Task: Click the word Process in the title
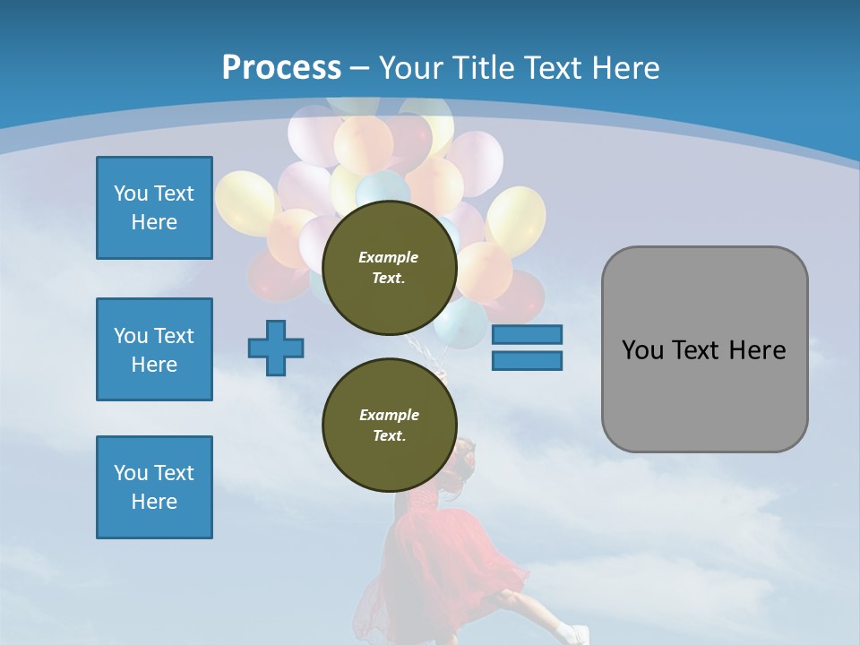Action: [281, 68]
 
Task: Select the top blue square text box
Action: [154, 208]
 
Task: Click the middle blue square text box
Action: [154, 349]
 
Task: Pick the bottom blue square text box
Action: [154, 487]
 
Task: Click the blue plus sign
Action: [276, 348]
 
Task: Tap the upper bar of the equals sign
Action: [527, 334]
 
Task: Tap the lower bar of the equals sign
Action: [527, 361]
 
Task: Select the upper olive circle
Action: [390, 268]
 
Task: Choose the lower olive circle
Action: [390, 425]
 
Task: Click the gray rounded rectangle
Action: [705, 349]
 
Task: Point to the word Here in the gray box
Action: [758, 350]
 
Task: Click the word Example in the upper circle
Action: [388, 257]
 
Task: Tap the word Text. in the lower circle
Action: [390, 435]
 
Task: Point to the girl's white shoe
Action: [573, 634]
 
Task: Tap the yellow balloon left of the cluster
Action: [245, 203]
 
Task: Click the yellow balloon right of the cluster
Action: [516, 220]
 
